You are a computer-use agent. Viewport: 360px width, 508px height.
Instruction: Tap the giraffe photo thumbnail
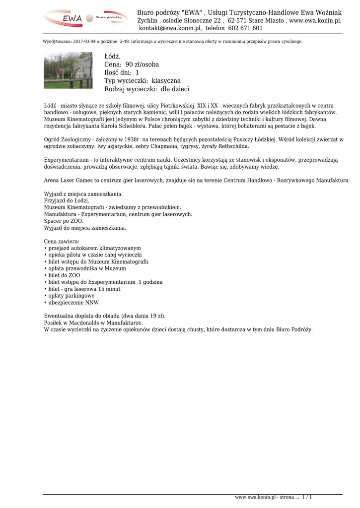click(x=68, y=70)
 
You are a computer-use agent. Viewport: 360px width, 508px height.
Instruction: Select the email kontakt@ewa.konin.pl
click(x=170, y=28)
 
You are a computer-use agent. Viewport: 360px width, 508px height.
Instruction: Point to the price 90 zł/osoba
click(x=143, y=64)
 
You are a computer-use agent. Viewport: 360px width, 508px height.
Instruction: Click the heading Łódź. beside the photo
click(x=113, y=57)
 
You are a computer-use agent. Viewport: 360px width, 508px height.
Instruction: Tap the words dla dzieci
click(x=175, y=89)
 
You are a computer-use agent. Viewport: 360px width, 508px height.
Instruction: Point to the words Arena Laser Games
click(x=68, y=181)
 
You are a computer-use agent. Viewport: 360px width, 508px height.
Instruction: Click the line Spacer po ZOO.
click(x=64, y=221)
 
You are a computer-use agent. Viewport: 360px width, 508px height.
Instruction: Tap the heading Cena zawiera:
click(x=62, y=241)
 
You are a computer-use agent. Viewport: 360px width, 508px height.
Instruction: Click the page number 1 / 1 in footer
click(x=307, y=497)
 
